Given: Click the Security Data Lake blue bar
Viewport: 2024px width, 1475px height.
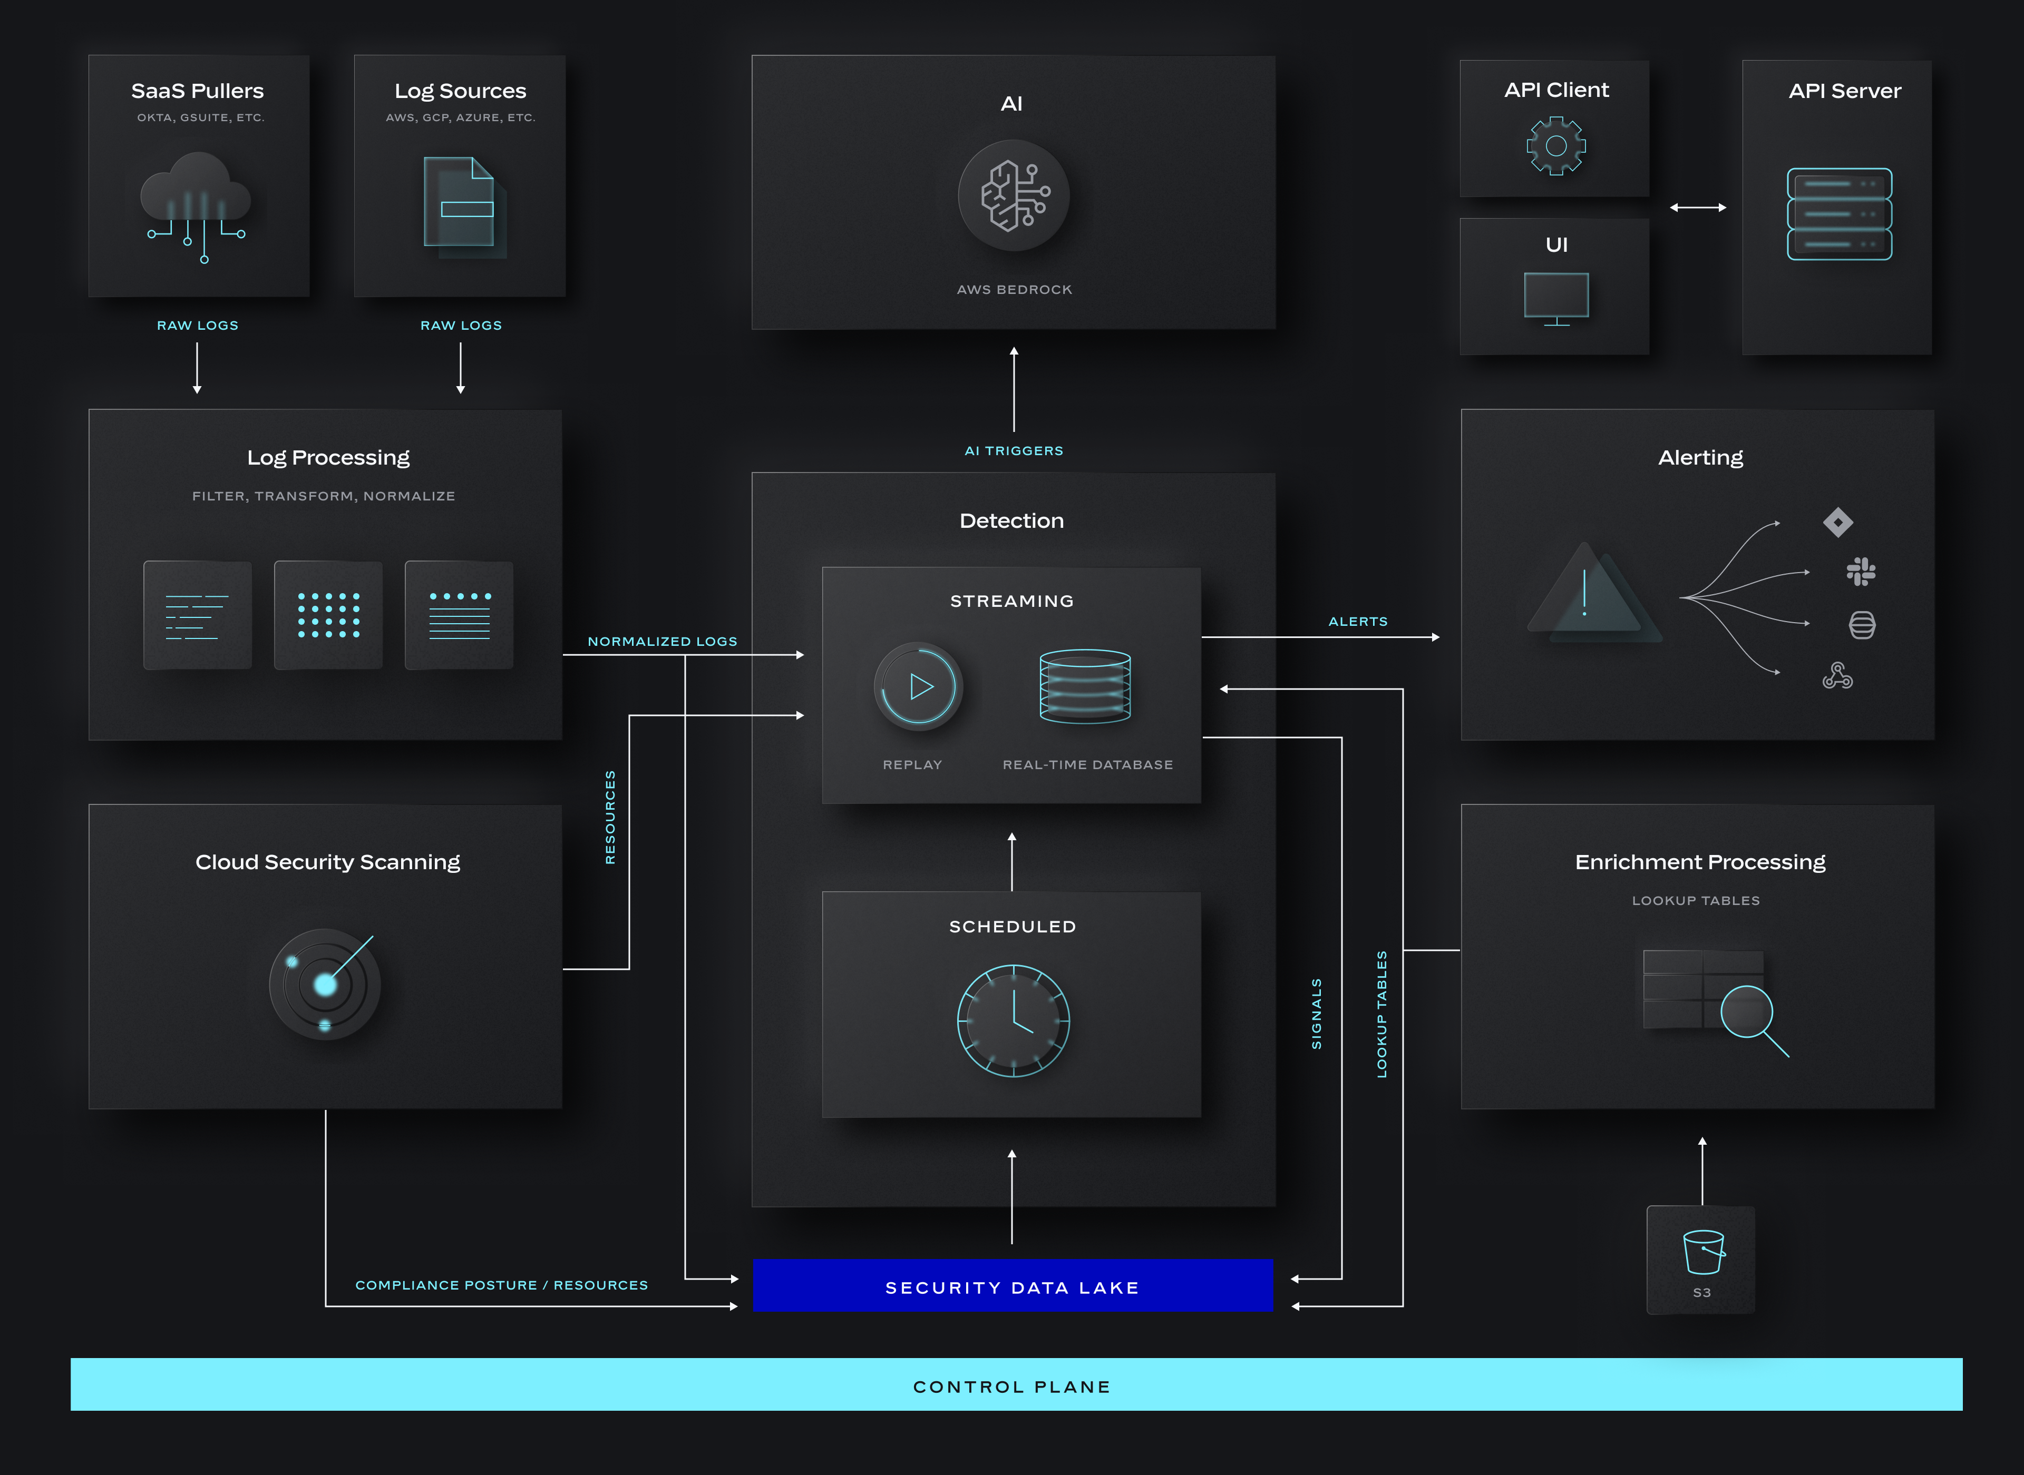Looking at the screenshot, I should coord(1012,1286).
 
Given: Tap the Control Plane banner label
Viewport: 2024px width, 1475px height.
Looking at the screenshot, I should coord(1012,1386).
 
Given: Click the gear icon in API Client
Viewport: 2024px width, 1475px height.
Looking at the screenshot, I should coord(1556,145).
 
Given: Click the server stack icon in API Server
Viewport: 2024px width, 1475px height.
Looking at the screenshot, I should coord(1839,214).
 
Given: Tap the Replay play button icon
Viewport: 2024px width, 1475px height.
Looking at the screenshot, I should coord(918,686).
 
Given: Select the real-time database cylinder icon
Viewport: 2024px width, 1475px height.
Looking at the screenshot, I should coord(1085,686).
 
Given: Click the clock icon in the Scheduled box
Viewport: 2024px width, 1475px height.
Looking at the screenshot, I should coord(1013,1020).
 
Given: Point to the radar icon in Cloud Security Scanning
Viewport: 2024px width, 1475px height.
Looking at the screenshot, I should coord(325,984).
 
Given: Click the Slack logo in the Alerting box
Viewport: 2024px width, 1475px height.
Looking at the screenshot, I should coord(1862,572).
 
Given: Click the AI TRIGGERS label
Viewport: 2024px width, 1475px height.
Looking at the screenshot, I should coord(1014,451).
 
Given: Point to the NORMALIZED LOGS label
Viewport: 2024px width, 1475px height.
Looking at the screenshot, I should coord(662,641).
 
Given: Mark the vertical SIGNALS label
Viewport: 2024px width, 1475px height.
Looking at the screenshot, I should coord(1316,1014).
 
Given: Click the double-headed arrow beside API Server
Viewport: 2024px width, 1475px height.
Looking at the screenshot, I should coord(1697,207).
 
